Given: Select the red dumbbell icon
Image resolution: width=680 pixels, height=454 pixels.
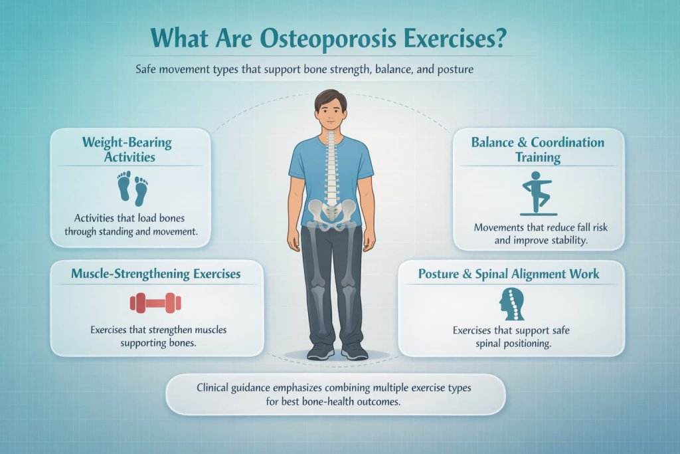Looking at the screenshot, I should [155, 303].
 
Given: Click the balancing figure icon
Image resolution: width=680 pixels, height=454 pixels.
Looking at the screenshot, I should [539, 192].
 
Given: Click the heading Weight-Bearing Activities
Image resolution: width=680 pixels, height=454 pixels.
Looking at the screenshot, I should [127, 149].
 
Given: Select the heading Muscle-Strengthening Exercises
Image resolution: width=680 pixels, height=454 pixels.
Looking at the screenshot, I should [156, 273].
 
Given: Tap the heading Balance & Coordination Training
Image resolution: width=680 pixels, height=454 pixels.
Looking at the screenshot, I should [538, 150].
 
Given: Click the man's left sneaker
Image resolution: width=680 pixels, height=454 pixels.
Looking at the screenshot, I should [353, 350].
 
